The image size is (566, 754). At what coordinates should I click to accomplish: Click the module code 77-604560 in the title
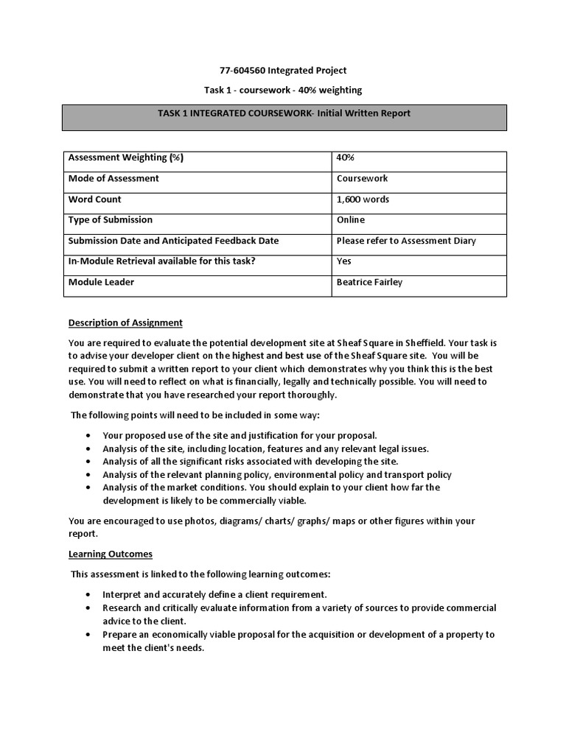click(242, 71)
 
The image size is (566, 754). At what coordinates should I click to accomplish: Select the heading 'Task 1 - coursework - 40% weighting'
click(283, 90)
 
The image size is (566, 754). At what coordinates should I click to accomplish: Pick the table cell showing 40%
click(344, 158)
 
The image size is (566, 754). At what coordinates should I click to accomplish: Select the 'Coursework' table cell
click(362, 178)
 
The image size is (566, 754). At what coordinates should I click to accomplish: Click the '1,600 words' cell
click(363, 199)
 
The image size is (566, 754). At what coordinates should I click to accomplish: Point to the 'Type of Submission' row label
click(111, 219)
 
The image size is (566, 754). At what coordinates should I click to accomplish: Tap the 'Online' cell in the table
click(351, 219)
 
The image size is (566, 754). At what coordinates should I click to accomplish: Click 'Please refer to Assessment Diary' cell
click(406, 240)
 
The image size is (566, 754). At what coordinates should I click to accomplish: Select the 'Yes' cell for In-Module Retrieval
click(344, 261)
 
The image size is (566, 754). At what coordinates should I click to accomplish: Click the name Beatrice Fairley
click(369, 282)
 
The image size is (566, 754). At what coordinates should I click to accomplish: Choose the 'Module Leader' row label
click(101, 281)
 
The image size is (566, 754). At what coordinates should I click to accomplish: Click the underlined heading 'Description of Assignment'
click(125, 323)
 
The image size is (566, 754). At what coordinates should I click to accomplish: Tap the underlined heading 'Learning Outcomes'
click(111, 554)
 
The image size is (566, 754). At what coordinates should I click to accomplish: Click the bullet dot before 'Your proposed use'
click(88, 436)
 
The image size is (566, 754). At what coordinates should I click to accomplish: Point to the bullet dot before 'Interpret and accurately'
click(88, 594)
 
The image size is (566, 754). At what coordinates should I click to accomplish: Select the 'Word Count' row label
click(95, 199)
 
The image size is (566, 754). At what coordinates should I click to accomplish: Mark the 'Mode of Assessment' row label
click(113, 178)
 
